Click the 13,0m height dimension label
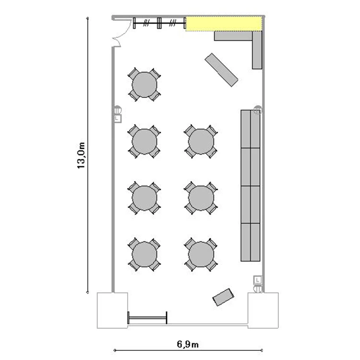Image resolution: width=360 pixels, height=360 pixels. coord(81,156)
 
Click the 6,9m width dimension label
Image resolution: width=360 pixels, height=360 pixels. coord(188,344)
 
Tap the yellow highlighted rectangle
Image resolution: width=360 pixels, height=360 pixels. coord(224,24)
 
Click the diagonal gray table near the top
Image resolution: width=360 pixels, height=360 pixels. coord(221,70)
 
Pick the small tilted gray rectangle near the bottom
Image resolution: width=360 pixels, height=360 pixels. coord(223,297)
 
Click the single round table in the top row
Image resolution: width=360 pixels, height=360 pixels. coord(144,84)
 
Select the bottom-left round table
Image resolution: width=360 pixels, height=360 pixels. coord(144,254)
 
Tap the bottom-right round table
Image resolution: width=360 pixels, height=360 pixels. coord(201,254)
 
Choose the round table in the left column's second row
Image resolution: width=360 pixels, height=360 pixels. coord(144,142)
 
